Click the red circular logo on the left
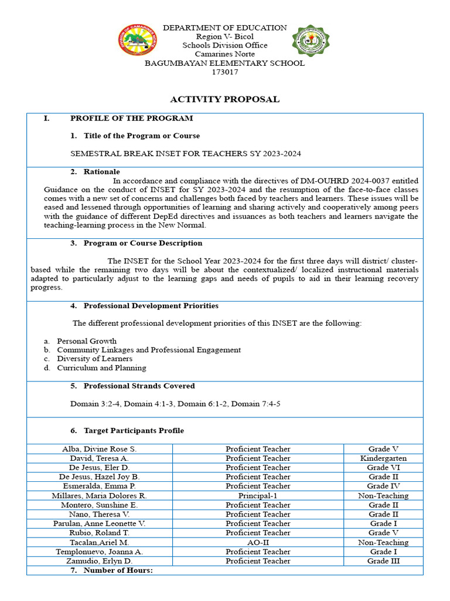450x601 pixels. tap(138, 40)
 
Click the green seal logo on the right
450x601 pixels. tap(310, 40)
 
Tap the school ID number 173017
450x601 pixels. tap(224, 72)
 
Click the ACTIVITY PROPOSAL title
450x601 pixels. tap(224, 99)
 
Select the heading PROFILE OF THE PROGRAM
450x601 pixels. tap(131, 118)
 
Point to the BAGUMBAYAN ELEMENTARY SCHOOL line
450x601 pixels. tap(224, 63)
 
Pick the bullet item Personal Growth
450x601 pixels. tap(86, 341)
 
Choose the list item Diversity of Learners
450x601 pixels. tap(94, 359)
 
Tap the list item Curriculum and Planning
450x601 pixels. tap(101, 368)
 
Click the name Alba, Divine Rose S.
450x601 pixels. tap(100, 449)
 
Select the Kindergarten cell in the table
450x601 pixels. tap(383, 458)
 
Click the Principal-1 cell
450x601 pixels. tap(258, 496)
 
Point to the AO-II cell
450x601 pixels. tap(258, 543)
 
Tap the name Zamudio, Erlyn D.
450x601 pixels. tap(100, 561)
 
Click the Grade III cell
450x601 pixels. tap(383, 561)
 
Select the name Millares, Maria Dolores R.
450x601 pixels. tap(100, 496)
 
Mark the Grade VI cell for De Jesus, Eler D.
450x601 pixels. tap(383, 468)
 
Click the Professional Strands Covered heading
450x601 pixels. tap(139, 386)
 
